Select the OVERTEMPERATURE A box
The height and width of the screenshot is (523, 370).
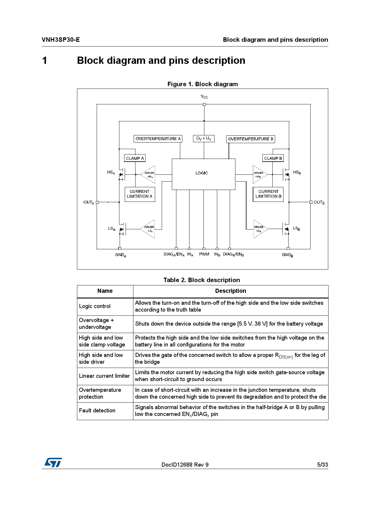click(158, 139)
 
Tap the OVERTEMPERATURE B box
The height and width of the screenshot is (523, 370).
click(251, 139)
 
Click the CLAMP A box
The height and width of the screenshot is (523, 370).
click(135, 158)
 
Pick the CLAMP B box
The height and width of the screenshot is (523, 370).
click(273, 158)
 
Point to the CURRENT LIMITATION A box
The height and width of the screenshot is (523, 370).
click(140, 194)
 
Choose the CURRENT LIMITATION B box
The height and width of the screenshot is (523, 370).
click(268, 194)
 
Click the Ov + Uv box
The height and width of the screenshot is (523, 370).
click(204, 138)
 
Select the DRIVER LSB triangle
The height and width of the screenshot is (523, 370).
click(259, 229)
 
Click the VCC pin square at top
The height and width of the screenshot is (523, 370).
click(204, 104)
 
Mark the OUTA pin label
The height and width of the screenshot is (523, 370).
click(89, 202)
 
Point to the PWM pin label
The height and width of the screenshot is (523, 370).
click(204, 254)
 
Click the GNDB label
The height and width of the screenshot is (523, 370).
click(287, 255)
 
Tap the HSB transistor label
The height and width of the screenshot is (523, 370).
click(297, 172)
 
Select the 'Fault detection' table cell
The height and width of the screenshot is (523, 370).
click(97, 411)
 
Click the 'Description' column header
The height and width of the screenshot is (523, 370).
click(231, 291)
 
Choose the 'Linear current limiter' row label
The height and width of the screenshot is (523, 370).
click(104, 376)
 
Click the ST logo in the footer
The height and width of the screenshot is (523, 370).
click(53, 462)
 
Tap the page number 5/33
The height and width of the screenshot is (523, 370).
click(323, 465)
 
